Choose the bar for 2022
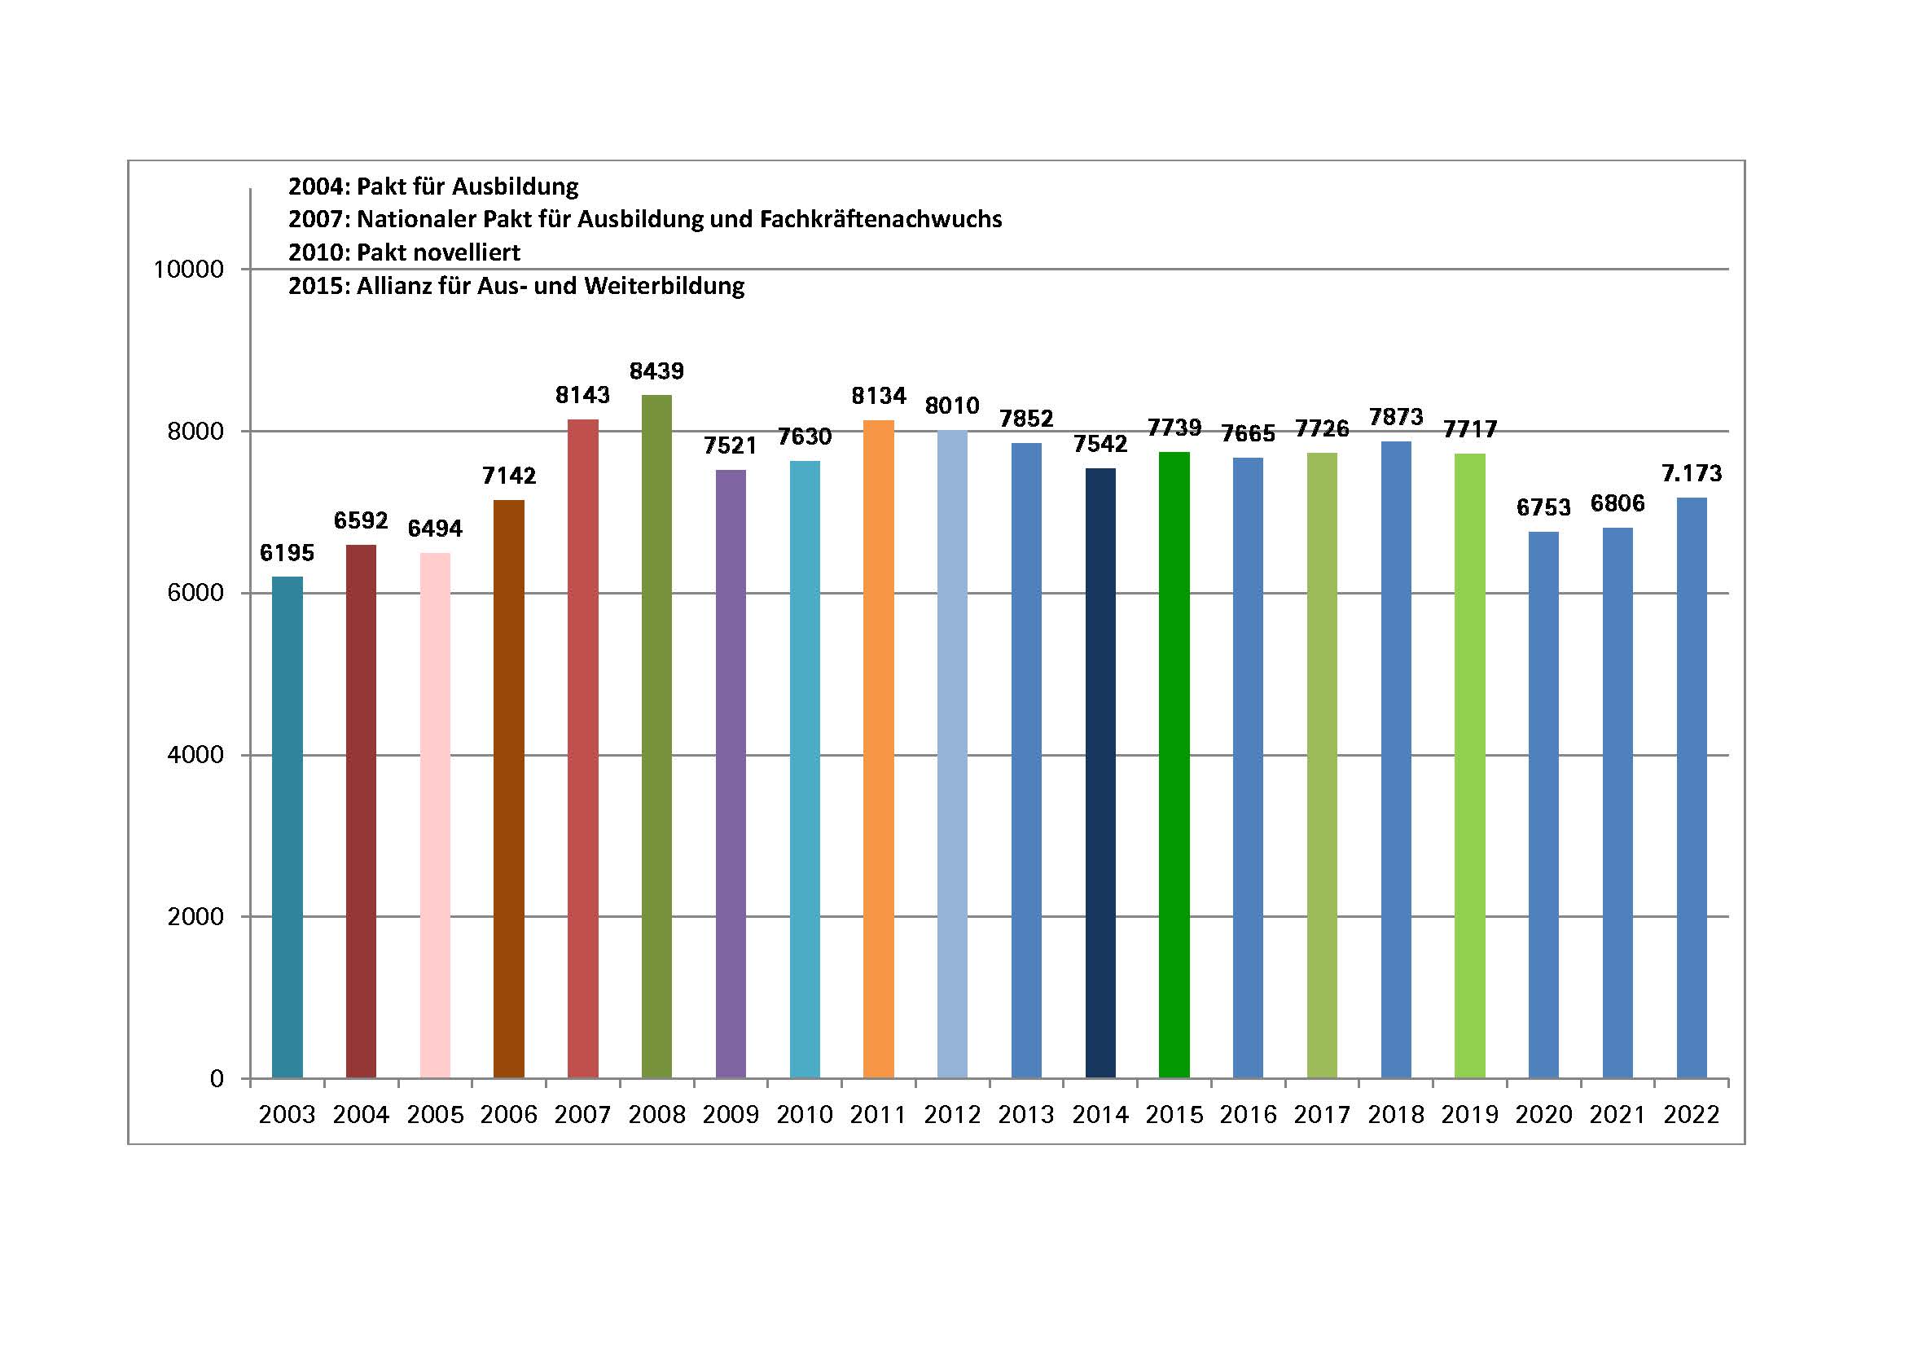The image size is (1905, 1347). (x=1692, y=788)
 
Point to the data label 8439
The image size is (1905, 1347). (x=656, y=371)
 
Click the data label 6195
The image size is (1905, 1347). (x=287, y=552)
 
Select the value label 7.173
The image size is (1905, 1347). (x=1692, y=473)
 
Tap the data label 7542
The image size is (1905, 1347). (x=1100, y=444)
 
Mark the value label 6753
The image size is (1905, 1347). (x=1543, y=507)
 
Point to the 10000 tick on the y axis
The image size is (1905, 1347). (x=188, y=270)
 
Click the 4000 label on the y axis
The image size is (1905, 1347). (x=195, y=755)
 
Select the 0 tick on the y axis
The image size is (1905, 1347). (x=217, y=1079)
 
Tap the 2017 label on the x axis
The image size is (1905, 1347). (x=1322, y=1114)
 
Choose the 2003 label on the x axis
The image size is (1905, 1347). (x=287, y=1114)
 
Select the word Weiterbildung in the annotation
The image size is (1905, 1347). (x=664, y=286)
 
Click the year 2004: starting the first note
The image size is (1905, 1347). (x=319, y=186)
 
